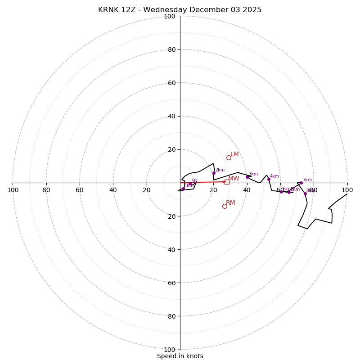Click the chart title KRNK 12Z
[180, 10]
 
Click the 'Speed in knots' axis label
[180, 356]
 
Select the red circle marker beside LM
[229, 157]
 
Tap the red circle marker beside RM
[225, 206]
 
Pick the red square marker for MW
[227, 182]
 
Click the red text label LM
[234, 154]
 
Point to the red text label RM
[230, 203]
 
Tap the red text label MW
[234, 179]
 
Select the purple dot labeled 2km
[214, 173]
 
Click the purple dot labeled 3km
[247, 177]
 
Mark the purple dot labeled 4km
[269, 179]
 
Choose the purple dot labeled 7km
[301, 183]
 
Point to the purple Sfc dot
[190, 184]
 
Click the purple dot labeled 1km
[183, 189]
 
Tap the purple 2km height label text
[220, 170]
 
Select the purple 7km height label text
[307, 180]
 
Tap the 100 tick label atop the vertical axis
[169, 16]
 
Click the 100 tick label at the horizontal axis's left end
[13, 190]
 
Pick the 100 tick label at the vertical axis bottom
[169, 350]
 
